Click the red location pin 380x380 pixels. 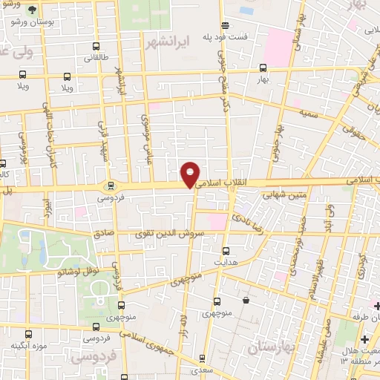point(191,174)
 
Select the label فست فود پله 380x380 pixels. point(243,36)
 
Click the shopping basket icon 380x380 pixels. point(246,301)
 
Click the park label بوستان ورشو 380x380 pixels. point(31,23)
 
